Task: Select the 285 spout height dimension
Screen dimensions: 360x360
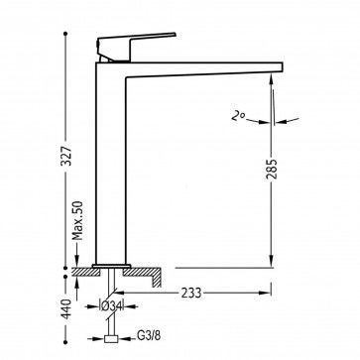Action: (272, 169)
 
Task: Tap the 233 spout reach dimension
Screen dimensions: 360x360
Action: (191, 293)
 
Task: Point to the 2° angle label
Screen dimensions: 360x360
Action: (238, 116)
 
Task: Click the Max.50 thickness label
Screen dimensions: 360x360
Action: (78, 220)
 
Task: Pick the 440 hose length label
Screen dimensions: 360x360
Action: (66, 308)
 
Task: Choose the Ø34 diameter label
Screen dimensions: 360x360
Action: (111, 306)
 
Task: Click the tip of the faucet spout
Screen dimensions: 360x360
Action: (282, 67)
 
